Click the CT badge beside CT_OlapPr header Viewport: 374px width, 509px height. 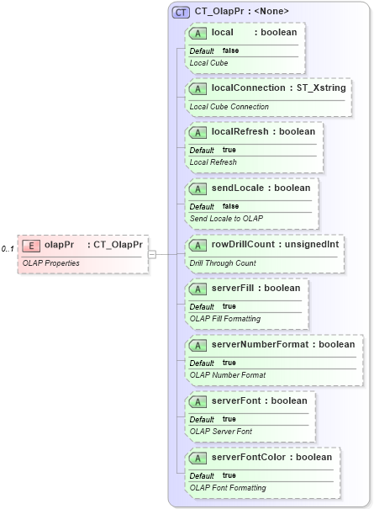pyautogui.click(x=180, y=12)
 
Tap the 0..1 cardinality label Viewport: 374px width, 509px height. pyautogui.click(x=8, y=249)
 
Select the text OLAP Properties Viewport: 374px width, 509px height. pyautogui.click(x=51, y=262)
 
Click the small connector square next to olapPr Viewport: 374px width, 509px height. pyautogui.click(x=152, y=253)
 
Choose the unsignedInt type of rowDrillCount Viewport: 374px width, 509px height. pyautogui.click(x=312, y=245)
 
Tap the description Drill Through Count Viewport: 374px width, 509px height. pyautogui.click(x=223, y=263)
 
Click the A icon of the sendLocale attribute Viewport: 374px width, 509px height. pyautogui.click(x=198, y=188)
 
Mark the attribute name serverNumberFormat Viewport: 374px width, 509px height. pyautogui.click(x=260, y=345)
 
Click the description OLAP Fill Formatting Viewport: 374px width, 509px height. pyautogui.click(x=224, y=319)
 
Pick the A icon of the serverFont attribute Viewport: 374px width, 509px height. pyautogui.click(x=198, y=401)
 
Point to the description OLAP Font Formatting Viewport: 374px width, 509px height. pyautogui.click(x=228, y=487)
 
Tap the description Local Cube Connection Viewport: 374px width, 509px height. pyautogui.click(x=229, y=107)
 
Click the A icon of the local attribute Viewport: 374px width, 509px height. pyautogui.click(x=198, y=32)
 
